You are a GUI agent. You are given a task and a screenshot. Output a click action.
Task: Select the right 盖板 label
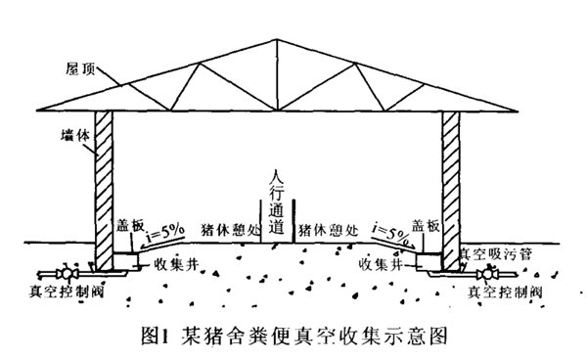(427, 224)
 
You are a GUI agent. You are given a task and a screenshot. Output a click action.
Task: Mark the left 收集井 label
(175, 262)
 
